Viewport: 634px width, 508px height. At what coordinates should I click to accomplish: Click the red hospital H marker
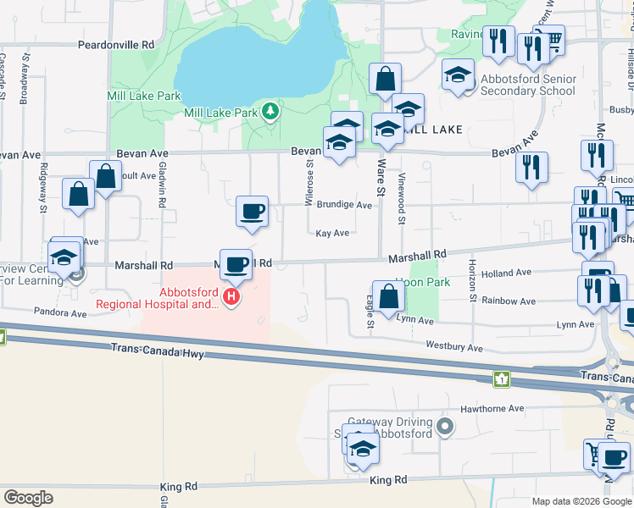(230, 297)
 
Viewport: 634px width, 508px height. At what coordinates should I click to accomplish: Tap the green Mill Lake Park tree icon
(270, 112)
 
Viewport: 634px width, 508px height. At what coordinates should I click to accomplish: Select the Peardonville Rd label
(116, 44)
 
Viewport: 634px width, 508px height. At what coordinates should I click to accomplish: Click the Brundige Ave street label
(344, 205)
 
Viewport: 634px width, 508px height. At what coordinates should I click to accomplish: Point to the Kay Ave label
(332, 234)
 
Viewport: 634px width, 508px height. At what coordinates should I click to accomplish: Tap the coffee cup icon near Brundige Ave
(252, 212)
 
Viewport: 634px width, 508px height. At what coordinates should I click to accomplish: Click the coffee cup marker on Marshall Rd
(236, 264)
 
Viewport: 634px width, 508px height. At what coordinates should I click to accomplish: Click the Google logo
(28, 498)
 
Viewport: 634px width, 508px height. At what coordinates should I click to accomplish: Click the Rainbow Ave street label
(508, 301)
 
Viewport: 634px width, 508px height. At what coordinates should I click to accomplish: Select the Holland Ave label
(505, 273)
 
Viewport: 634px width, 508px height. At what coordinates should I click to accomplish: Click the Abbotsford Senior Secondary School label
(515, 85)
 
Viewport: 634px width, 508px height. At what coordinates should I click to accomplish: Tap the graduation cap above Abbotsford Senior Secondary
(458, 76)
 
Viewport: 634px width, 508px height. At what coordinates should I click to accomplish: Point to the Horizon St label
(470, 280)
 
